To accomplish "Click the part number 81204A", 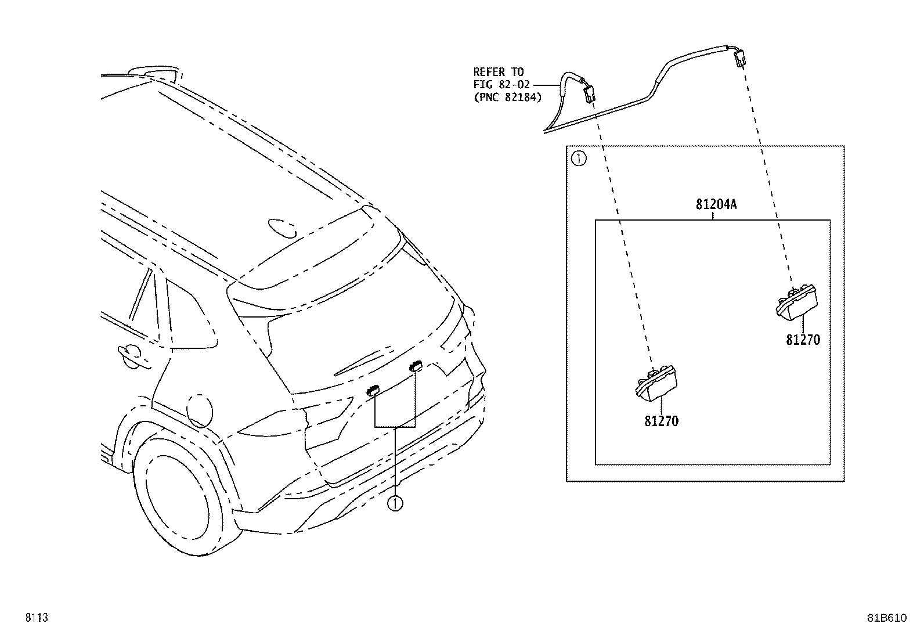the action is click(716, 204).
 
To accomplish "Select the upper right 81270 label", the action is click(803, 340).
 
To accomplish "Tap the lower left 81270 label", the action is click(661, 421).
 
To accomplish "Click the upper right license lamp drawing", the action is click(796, 302).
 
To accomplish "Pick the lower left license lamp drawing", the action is click(655, 383).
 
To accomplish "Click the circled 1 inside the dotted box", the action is click(578, 158).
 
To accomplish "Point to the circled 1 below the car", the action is click(395, 503).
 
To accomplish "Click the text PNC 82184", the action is click(507, 98).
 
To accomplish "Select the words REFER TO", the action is click(499, 72).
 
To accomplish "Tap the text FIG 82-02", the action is click(501, 85).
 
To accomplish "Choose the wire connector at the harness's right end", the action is click(739, 58).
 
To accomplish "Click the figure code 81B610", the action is click(886, 618).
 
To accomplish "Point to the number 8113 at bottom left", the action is click(37, 617).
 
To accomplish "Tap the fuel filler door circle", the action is click(200, 410).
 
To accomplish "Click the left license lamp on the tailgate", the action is click(373, 390).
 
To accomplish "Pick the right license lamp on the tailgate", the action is click(416, 365).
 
